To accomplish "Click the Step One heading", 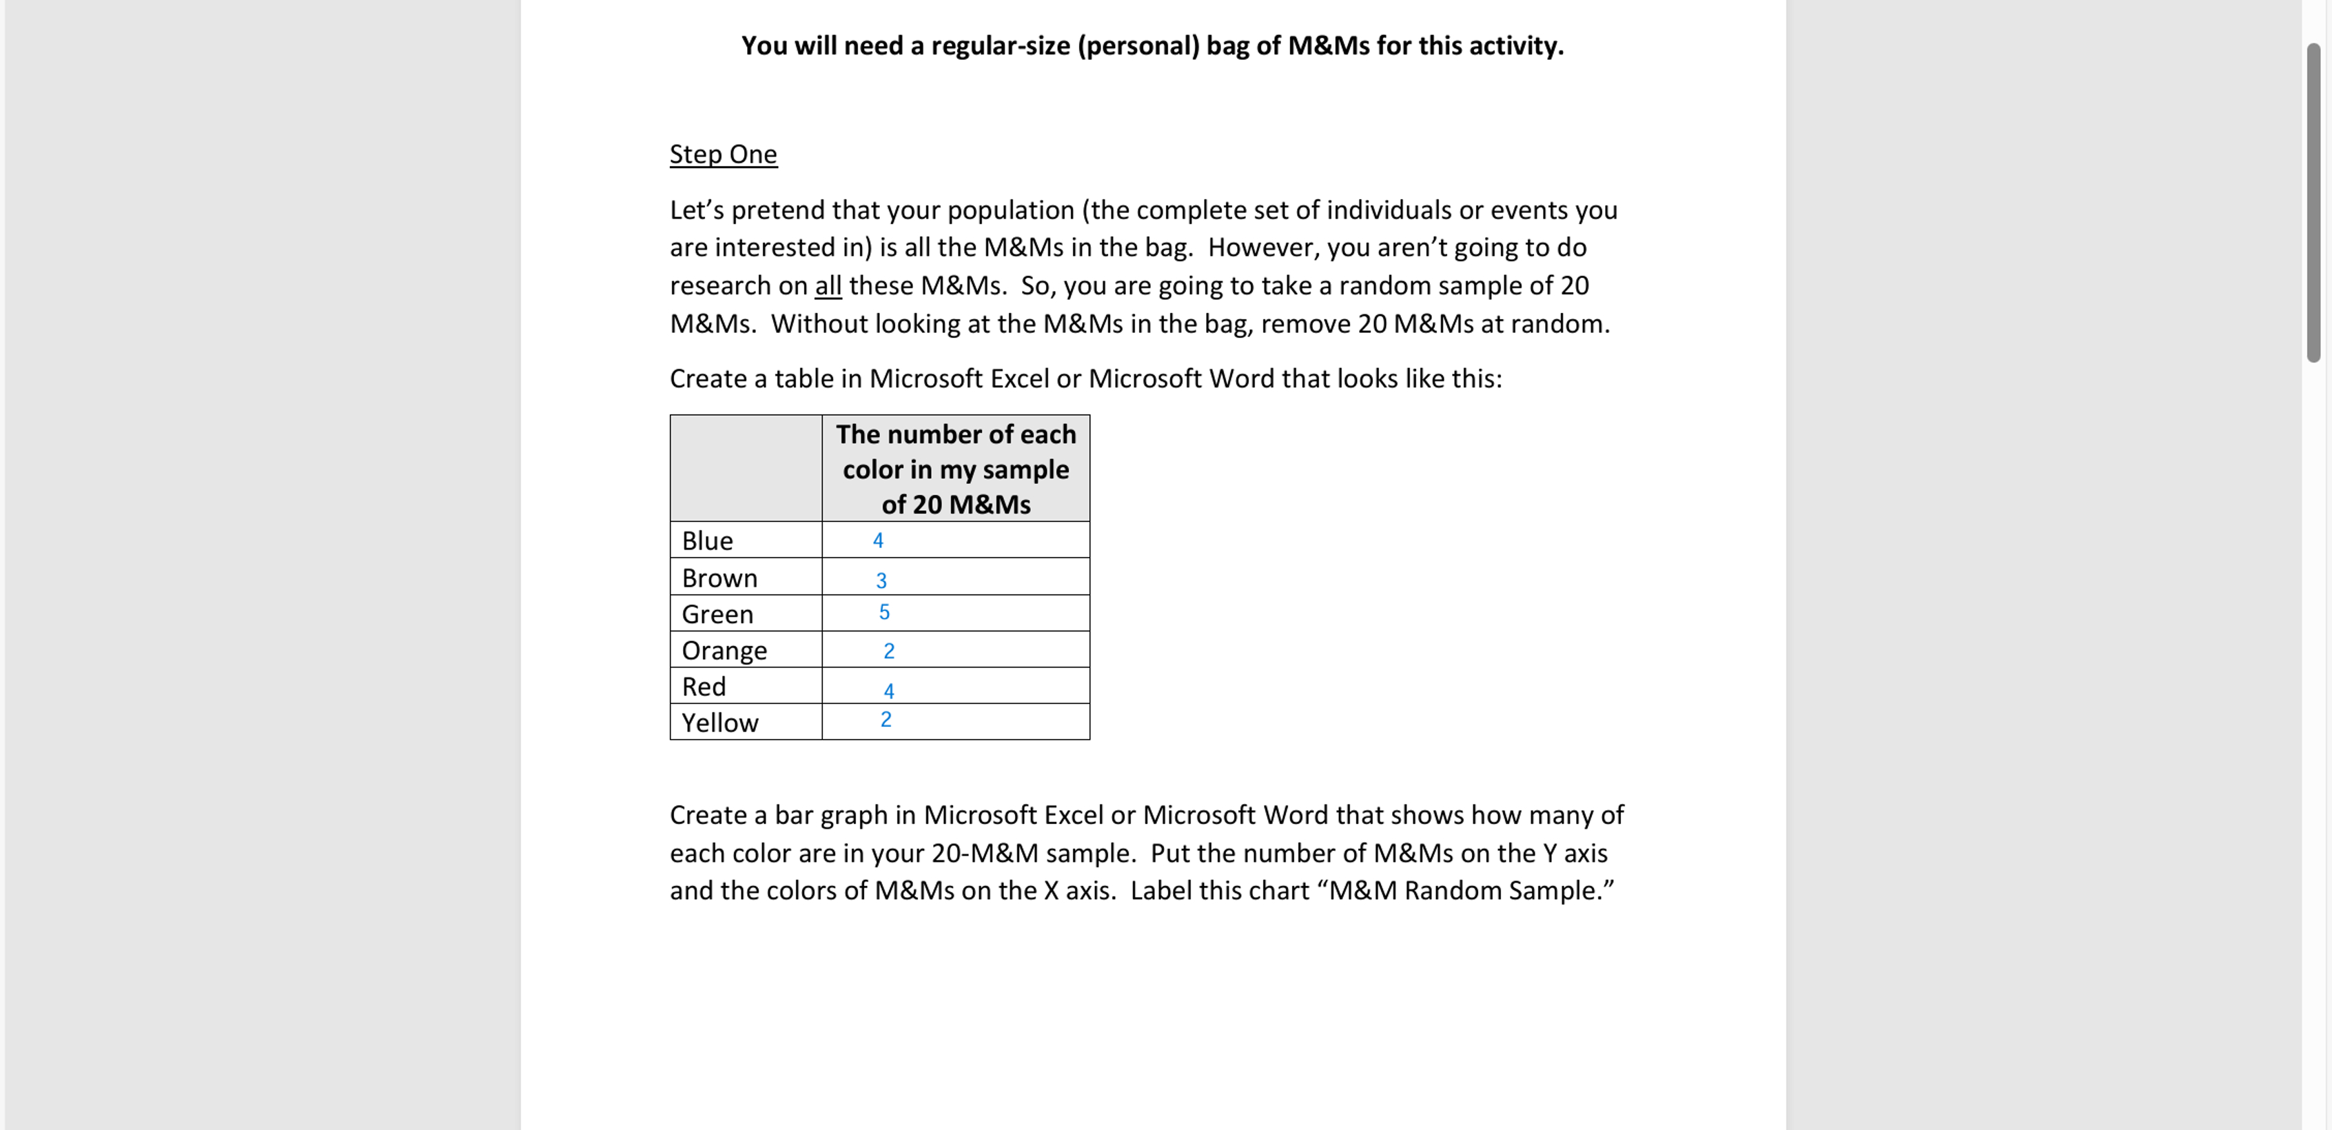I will [x=722, y=154].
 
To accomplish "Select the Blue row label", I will [x=707, y=541].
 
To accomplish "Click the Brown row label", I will [x=719, y=578].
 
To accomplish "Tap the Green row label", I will [x=717, y=614].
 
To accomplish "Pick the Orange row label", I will [x=724, y=650].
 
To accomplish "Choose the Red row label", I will [x=704, y=686].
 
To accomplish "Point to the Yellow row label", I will [x=719, y=723].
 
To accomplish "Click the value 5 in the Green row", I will [x=883, y=612].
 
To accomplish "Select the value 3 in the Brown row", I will [x=881, y=581].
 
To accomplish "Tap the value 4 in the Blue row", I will [x=877, y=541].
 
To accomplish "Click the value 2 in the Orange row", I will [x=888, y=651].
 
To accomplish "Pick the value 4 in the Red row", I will [x=888, y=691].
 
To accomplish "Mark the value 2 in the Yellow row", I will [x=886, y=720].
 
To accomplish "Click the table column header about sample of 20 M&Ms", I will [x=955, y=469].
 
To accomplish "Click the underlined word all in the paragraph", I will [x=828, y=286].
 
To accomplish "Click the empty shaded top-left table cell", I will [x=745, y=468].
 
